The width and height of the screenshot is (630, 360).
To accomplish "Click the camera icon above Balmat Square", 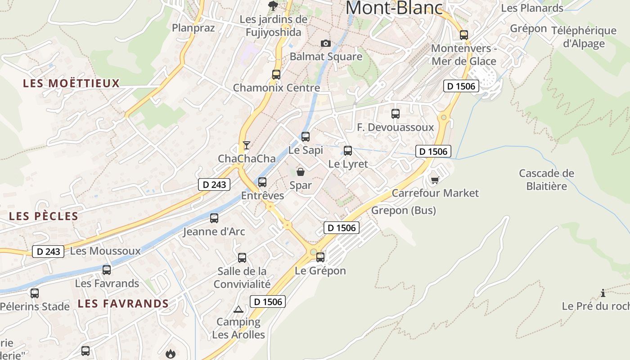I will [326, 43].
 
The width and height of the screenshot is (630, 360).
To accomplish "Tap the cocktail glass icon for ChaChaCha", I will [246, 145].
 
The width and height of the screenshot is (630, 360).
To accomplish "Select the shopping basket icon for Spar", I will [301, 171].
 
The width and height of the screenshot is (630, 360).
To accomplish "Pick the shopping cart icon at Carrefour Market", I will [435, 180].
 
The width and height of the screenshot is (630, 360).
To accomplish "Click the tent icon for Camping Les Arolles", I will [238, 309].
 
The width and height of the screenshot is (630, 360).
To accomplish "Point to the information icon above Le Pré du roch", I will [603, 293].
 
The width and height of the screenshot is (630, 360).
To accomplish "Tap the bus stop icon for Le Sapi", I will [306, 136].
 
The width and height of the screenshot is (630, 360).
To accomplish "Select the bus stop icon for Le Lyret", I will [348, 150].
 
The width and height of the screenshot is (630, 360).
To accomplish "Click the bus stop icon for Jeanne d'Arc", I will [214, 218].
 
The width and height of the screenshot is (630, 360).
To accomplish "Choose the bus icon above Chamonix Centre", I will [276, 75].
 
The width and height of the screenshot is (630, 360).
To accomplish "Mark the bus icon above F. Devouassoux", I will [396, 114].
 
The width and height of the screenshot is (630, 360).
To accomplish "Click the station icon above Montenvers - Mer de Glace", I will [464, 35].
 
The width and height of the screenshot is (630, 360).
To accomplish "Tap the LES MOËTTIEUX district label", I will [72, 83].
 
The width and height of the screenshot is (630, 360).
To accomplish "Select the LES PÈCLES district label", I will [44, 216].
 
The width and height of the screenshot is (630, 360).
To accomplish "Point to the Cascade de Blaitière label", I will [547, 179].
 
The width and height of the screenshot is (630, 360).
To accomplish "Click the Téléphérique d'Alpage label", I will [584, 37].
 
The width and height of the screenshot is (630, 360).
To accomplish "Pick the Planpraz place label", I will [193, 28].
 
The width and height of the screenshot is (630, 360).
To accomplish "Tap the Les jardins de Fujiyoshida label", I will [274, 26].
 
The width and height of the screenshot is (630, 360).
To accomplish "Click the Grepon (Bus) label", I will [404, 210].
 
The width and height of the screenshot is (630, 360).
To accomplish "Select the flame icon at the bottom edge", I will [171, 354].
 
